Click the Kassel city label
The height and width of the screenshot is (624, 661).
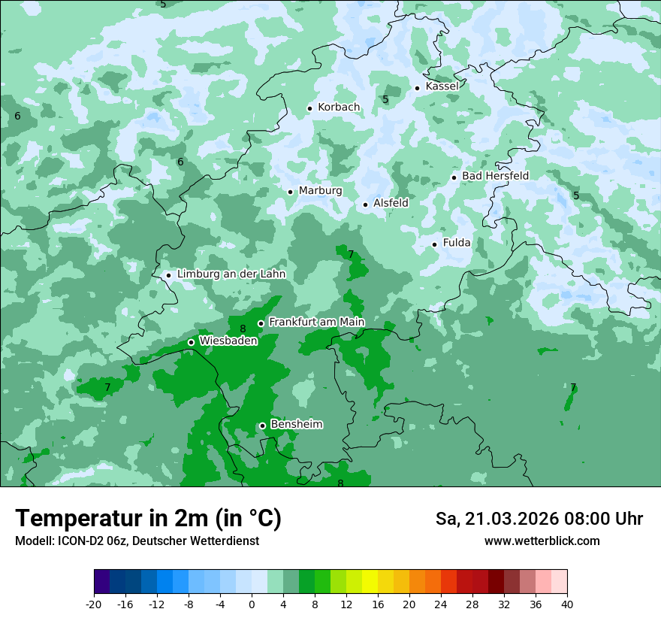pos(442,86)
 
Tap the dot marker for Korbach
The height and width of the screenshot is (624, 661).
pos(309,108)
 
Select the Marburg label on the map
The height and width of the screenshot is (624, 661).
pos(320,191)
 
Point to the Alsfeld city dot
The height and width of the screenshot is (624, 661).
pos(366,204)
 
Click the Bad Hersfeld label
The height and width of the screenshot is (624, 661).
pos(495,176)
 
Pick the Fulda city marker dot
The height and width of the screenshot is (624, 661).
pos(434,244)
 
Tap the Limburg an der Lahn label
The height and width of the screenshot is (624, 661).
pos(231,274)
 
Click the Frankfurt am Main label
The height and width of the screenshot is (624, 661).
pos(316,323)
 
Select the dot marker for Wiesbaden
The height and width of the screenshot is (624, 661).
pos(191,342)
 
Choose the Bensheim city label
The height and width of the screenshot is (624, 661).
pos(296,425)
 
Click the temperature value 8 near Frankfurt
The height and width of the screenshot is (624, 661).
pos(243,329)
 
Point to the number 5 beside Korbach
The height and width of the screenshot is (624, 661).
pos(385,100)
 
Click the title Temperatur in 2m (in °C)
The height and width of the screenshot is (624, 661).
pos(148,518)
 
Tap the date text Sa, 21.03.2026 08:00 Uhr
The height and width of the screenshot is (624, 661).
pos(539,519)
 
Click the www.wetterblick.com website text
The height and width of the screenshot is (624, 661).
pos(542,541)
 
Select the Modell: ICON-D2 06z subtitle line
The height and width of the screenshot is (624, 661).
pos(137,541)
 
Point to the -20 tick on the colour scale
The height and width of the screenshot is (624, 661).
pos(94,604)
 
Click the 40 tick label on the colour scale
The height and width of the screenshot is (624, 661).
pos(566,604)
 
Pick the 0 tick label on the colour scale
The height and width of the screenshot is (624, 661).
pos(252,604)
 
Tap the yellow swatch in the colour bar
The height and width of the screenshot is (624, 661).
pos(370,582)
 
